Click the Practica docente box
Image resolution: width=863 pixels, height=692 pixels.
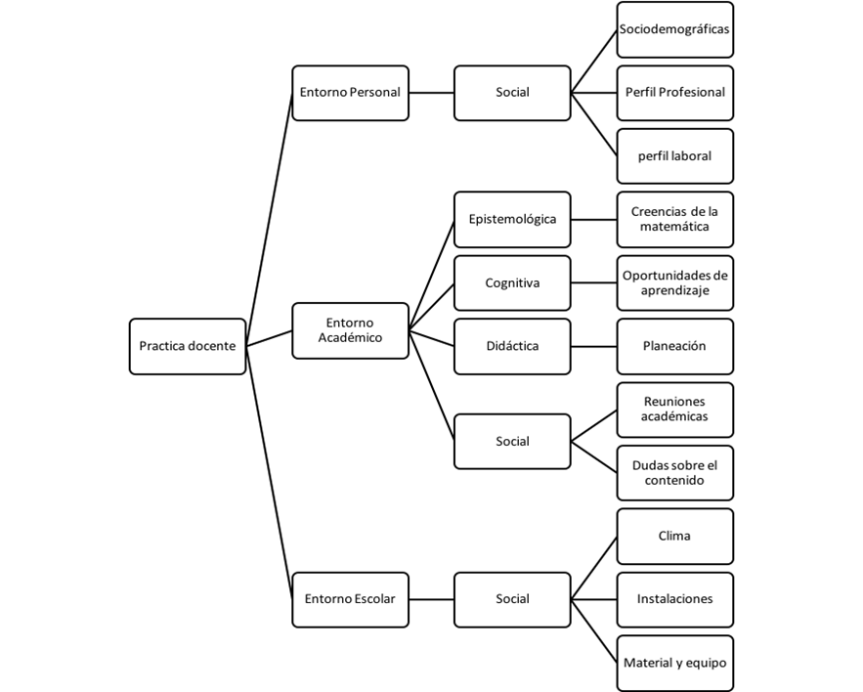(x=188, y=346)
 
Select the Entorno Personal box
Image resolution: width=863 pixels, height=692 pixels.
(x=350, y=93)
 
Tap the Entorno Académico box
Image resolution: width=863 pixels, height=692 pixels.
(x=350, y=330)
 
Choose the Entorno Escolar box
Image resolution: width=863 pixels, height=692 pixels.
(x=350, y=599)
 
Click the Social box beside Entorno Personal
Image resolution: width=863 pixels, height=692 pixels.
(x=512, y=93)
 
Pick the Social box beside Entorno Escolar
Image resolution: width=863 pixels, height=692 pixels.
(x=512, y=599)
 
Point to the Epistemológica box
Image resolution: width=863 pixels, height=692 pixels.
(x=512, y=219)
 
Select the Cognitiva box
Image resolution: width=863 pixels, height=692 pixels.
(x=512, y=282)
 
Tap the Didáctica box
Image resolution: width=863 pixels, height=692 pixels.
(x=512, y=346)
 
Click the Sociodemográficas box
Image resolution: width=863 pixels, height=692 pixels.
(x=674, y=29)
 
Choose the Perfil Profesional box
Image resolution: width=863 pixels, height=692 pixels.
(x=674, y=93)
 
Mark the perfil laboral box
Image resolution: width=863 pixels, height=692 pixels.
(x=674, y=155)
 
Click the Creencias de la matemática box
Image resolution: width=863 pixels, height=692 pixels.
(x=674, y=219)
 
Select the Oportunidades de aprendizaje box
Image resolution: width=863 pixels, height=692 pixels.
(x=674, y=282)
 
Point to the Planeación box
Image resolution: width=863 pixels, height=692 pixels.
(x=674, y=346)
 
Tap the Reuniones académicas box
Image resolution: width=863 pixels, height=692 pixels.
(x=674, y=409)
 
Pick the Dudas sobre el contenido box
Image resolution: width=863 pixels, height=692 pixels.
(x=674, y=472)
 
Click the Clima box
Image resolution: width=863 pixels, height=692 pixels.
(x=674, y=536)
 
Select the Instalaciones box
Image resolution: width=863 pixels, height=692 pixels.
(x=674, y=599)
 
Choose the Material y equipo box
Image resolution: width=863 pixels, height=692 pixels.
(x=674, y=663)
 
